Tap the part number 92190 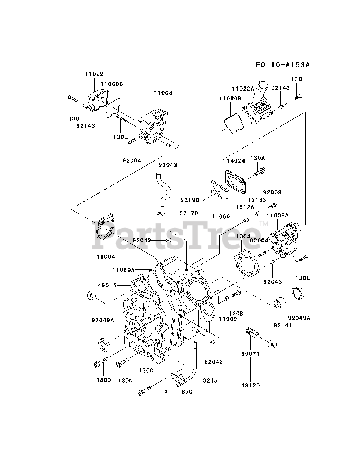pos(190,201)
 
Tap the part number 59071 pos(250,354)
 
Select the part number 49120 pos(250,385)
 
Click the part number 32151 pos(211,380)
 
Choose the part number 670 pos(187,392)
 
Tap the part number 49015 pos(107,285)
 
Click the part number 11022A pos(243,88)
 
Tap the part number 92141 pos(282,325)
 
